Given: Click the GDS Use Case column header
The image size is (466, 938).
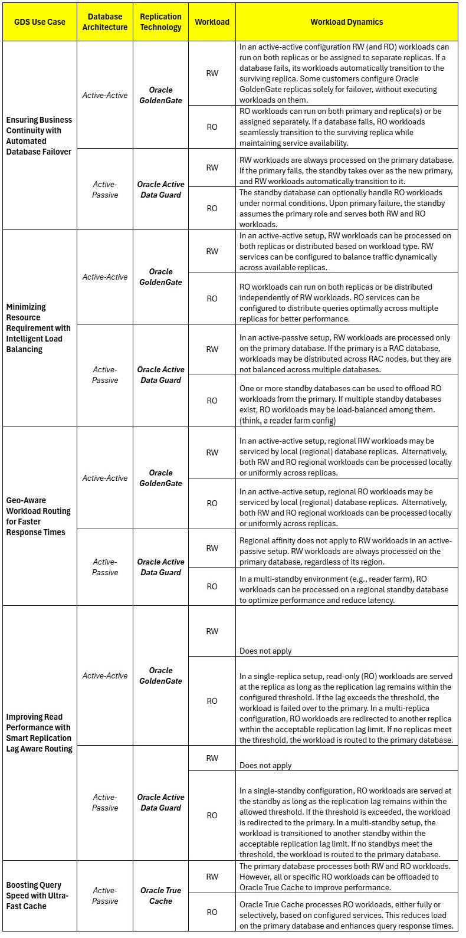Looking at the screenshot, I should (x=40, y=22).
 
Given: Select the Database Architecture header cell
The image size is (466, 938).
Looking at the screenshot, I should (x=104, y=22).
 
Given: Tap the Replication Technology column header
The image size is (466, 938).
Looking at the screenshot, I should (x=160, y=22).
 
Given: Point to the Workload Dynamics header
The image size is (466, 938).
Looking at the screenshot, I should (x=346, y=22).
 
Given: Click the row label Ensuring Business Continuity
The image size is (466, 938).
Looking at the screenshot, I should (x=39, y=136).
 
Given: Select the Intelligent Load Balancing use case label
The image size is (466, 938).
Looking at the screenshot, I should (x=39, y=328).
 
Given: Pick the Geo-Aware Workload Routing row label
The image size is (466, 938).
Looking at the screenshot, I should (x=39, y=516).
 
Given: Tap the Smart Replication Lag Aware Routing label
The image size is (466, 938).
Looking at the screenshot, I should (x=39, y=733).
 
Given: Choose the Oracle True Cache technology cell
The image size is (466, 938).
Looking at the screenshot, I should (x=160, y=896).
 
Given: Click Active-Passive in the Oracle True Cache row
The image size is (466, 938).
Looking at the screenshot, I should (x=104, y=896).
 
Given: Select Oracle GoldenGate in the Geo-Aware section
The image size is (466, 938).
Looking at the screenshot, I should (x=160, y=478).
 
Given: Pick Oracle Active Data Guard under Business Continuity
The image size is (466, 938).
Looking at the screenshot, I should (x=160, y=189).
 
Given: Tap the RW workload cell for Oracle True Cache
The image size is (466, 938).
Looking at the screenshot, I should (x=212, y=877).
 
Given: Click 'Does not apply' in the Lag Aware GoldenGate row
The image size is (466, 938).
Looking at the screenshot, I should (x=265, y=651).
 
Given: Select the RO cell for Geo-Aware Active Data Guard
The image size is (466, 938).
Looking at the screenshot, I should (x=212, y=586).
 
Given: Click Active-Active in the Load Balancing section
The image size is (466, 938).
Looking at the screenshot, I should (x=104, y=277).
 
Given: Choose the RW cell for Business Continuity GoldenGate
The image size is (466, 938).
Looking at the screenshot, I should (x=212, y=73).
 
